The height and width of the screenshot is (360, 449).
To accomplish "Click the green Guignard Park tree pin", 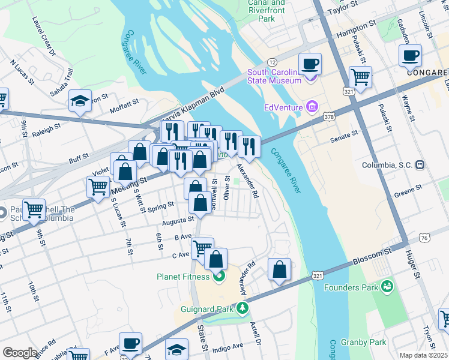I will [x=242, y=309].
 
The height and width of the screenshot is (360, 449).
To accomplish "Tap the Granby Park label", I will [x=369, y=342].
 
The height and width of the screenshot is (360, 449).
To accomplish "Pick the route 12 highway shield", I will [x=272, y=62].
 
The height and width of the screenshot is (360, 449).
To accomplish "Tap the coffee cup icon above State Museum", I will [x=310, y=64].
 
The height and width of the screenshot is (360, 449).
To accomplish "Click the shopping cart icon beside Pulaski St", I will [x=360, y=77].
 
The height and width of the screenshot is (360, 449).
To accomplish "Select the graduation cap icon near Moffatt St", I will [x=80, y=100].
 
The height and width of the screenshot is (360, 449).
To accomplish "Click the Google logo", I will [x=20, y=353].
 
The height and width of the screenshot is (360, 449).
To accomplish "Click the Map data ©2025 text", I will [x=424, y=355].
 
